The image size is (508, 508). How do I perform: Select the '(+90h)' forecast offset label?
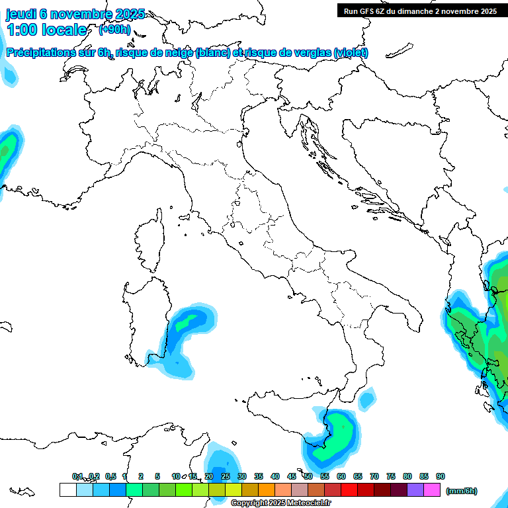click(114, 30)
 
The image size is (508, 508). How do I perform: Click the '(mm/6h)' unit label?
click(462, 491)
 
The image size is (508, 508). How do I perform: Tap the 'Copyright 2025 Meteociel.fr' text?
click(280, 503)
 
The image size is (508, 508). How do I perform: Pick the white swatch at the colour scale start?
click(67, 489)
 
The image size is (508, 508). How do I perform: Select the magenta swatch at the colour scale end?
click(433, 489)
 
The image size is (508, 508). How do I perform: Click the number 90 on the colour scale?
click(441, 476)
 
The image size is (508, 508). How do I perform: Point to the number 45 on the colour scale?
click(292, 476)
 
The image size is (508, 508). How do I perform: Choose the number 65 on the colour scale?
click(358, 476)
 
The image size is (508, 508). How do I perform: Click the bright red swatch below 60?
click(349, 489)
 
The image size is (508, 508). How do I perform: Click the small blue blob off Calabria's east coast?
click(366, 400)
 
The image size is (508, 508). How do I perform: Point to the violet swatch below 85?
click(416, 489)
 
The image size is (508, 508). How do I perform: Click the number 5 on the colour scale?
click(157, 476)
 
